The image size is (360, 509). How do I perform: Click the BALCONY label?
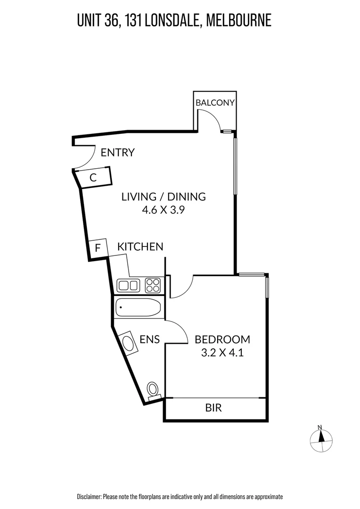pos(215,103)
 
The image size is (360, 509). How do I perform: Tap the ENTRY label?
pos(118,152)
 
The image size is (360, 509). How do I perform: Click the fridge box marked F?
pos(98,248)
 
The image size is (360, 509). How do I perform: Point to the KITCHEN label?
pos(140,246)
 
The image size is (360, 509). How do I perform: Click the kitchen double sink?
pos(128,285)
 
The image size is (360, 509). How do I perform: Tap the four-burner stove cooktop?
pos(153,285)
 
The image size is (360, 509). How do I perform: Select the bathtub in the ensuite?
pos(138,308)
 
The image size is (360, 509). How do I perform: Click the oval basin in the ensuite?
pos(127,342)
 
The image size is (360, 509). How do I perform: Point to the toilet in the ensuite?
pos(153,390)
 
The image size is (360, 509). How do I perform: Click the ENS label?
pos(150,339)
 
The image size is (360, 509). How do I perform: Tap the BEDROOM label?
pos(222,339)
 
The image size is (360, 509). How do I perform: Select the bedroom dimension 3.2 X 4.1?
pos(222,353)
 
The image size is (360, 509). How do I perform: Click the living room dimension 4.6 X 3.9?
pos(163,210)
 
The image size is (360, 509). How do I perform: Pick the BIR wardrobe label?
pos(213,408)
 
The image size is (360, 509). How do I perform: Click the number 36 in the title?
pos(114,21)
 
